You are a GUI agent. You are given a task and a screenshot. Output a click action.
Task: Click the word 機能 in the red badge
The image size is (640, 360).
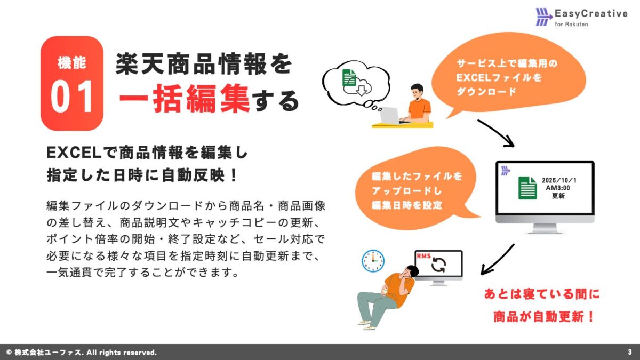72,63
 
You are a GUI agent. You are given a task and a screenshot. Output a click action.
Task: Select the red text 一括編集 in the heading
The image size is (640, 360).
185,100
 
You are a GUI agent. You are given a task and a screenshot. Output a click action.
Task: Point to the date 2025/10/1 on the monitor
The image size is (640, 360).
559,180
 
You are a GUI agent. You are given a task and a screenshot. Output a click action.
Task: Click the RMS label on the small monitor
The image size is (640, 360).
423,256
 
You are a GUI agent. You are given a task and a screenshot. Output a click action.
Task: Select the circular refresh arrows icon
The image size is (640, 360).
438,265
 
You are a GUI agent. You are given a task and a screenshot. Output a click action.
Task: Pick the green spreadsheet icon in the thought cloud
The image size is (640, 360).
349,79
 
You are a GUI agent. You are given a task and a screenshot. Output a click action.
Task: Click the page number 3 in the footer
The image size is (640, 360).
630,352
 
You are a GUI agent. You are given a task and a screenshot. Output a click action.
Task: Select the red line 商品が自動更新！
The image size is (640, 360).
544,316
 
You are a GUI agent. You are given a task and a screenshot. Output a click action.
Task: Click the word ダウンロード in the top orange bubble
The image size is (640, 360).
486,91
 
